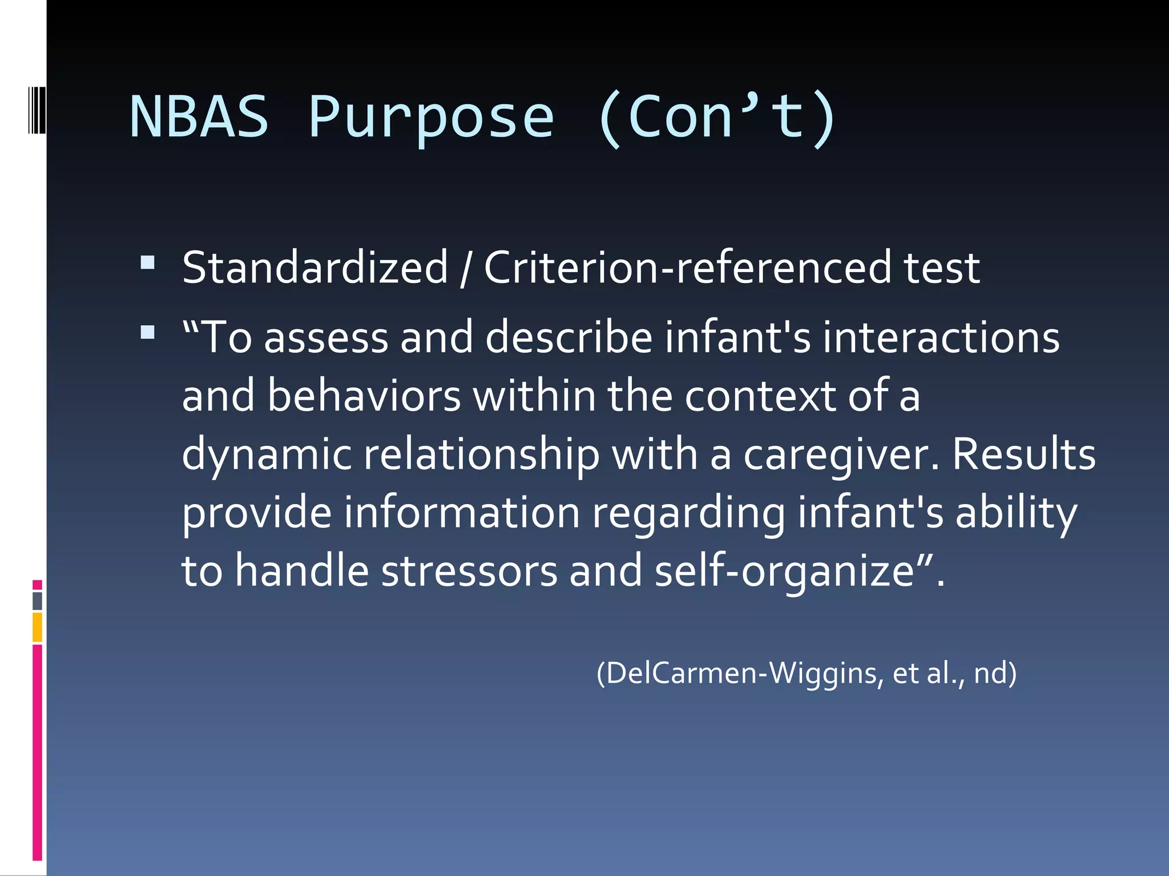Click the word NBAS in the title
[199, 117]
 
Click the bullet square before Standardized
[147, 262]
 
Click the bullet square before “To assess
[147, 332]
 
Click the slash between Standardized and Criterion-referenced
[465, 268]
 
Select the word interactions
[941, 337]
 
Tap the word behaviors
[364, 396]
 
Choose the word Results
[1023, 454]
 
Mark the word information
[462, 512]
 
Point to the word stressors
[469, 571]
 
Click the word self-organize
[793, 571]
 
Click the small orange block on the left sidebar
[37, 627]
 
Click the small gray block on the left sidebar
[37, 601]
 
